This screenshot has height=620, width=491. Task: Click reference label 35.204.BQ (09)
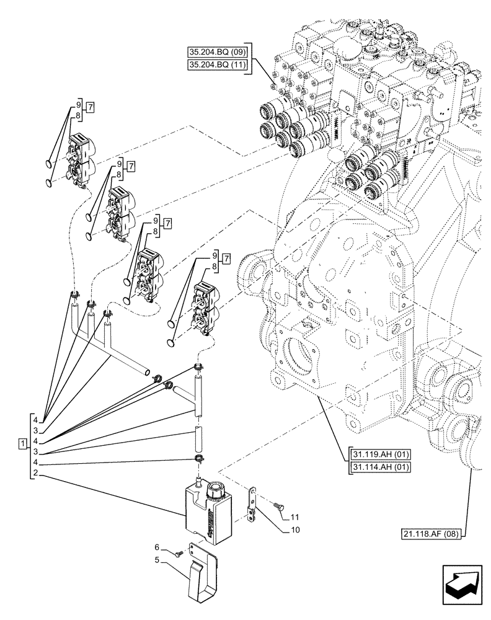pyautogui.click(x=218, y=51)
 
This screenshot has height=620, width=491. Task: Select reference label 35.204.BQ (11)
pyautogui.click(x=218, y=66)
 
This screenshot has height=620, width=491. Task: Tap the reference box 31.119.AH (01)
pyautogui.click(x=381, y=454)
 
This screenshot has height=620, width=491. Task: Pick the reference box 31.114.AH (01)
pyautogui.click(x=381, y=467)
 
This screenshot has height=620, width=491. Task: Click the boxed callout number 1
pyautogui.click(x=22, y=444)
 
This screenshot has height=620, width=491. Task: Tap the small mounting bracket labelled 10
pyautogui.click(x=252, y=503)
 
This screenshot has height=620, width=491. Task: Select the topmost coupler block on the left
pyautogui.click(x=80, y=159)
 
